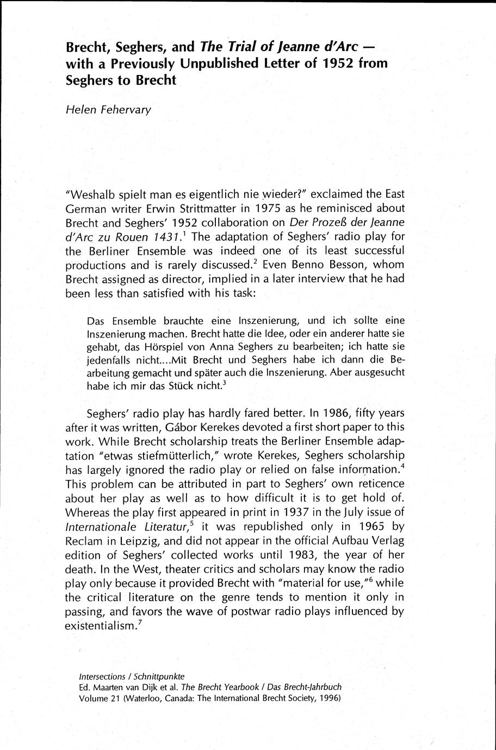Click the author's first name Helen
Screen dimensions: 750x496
79,109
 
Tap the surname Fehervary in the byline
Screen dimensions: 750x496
123,110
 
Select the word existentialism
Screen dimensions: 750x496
99,626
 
